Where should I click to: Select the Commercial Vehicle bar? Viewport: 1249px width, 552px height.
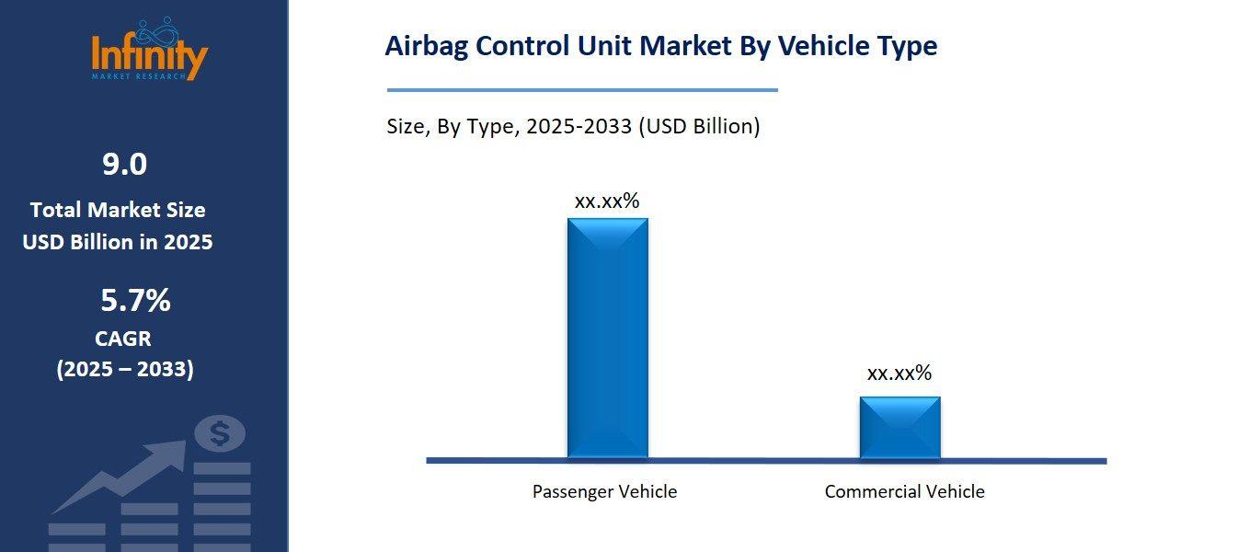pyautogui.click(x=900, y=427)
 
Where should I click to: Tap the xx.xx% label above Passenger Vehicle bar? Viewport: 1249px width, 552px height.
pyautogui.click(x=606, y=201)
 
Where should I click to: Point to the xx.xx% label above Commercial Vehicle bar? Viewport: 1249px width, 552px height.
pyautogui.click(x=899, y=373)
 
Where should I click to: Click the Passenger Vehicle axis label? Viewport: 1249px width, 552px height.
pyautogui.click(x=604, y=491)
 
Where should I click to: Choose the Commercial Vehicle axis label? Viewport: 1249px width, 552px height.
pyautogui.click(x=904, y=491)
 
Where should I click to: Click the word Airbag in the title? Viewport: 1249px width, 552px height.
pyautogui.click(x=422, y=46)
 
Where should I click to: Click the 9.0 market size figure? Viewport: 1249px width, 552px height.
pyautogui.click(x=124, y=165)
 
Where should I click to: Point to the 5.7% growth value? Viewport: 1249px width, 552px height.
pyautogui.click(x=134, y=300)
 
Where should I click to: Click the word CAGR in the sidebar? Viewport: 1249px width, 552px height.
pyautogui.click(x=123, y=339)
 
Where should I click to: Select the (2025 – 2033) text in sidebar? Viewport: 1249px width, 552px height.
pyautogui.click(x=125, y=369)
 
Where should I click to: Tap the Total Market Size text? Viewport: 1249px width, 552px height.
pyautogui.click(x=118, y=210)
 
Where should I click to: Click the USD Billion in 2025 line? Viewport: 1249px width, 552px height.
pyautogui.click(x=118, y=242)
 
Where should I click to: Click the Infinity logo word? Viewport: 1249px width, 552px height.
pyautogui.click(x=150, y=54)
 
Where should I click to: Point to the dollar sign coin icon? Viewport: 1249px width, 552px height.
pyautogui.click(x=220, y=432)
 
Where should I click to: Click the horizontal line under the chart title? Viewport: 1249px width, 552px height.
pyautogui.click(x=582, y=90)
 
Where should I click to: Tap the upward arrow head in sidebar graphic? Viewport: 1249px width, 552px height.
pyautogui.click(x=170, y=454)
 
